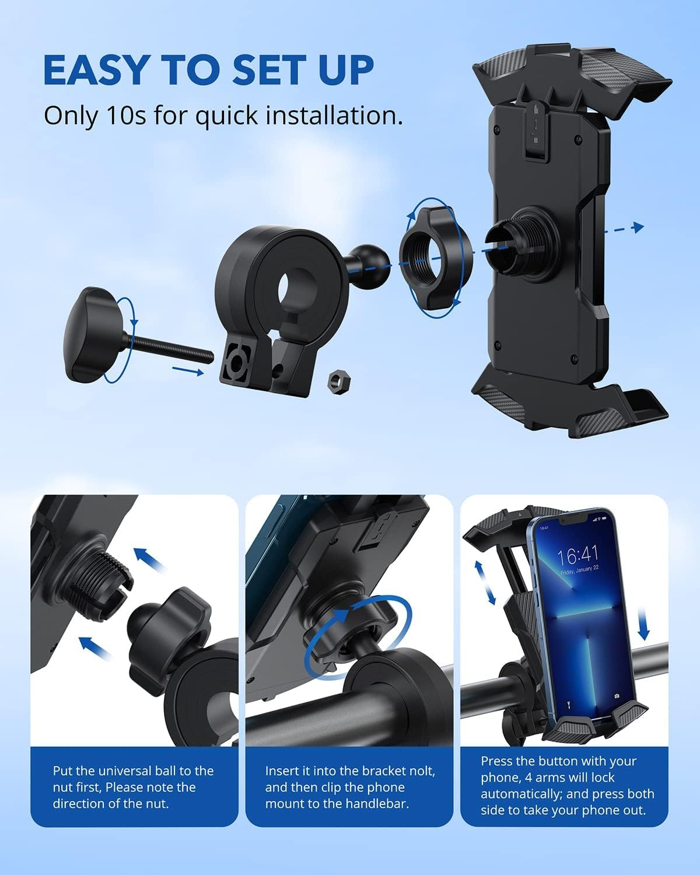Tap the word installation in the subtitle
coord(335,116)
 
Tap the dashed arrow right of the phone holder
coord(625,229)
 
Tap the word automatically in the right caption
coord(518,794)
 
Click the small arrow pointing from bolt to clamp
coord(188,369)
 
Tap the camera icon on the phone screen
coord(617,696)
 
